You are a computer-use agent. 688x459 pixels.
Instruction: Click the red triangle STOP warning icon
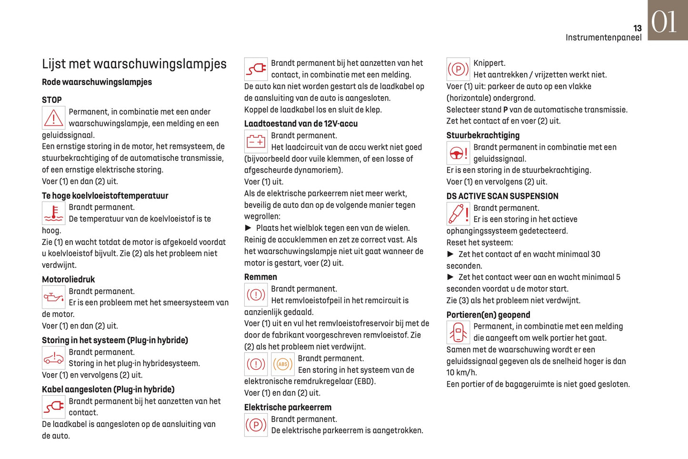(x=54, y=118)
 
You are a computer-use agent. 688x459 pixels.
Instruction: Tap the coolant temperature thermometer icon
(x=54, y=213)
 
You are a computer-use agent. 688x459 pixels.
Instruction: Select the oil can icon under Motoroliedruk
(x=54, y=297)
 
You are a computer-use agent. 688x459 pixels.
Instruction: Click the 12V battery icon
(x=256, y=142)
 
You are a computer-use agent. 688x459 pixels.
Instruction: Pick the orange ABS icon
(x=283, y=365)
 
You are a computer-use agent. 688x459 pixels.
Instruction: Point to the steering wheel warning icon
(x=458, y=153)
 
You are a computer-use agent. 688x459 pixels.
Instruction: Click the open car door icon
(x=458, y=333)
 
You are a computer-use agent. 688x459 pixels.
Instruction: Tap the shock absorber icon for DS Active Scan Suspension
(x=458, y=214)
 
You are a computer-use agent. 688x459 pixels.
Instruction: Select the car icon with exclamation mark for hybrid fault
(x=54, y=358)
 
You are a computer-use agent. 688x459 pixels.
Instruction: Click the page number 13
(x=637, y=29)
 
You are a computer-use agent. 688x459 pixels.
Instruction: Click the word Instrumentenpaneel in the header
(x=603, y=38)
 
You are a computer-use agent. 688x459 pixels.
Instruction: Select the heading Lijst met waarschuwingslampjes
(x=134, y=64)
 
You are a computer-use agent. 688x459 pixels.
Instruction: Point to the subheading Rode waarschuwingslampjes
(x=97, y=82)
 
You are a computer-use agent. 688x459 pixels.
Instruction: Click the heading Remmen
(x=260, y=277)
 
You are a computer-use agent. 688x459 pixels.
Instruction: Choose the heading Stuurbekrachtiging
(x=483, y=135)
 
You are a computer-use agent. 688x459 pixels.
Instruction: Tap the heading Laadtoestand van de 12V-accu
(x=300, y=124)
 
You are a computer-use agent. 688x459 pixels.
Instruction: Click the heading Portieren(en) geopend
(x=488, y=315)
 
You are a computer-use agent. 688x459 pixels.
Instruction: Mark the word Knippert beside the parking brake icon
(x=489, y=63)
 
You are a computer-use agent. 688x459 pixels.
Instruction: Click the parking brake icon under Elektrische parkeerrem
(x=256, y=425)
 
